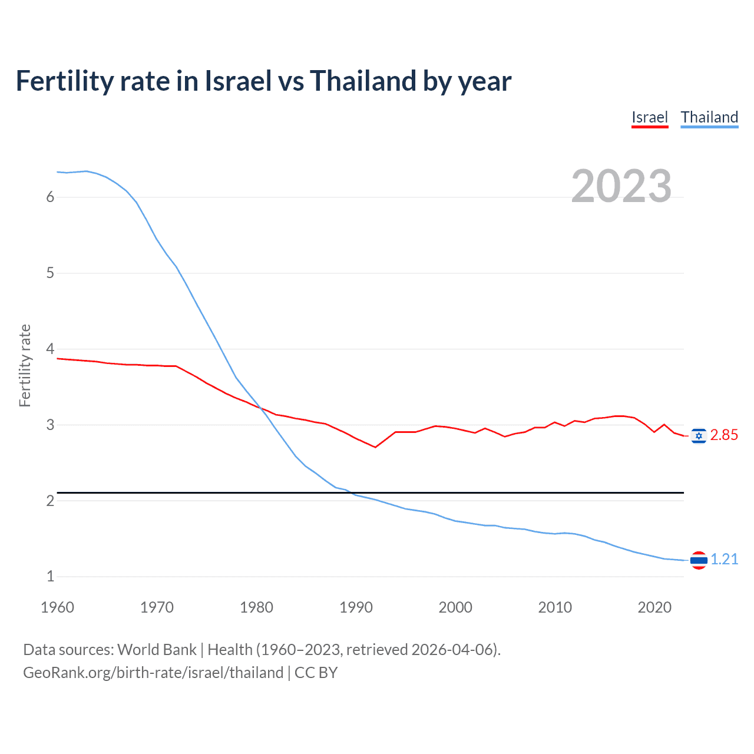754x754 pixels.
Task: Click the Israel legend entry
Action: (649, 117)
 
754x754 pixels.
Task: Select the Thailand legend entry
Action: (709, 117)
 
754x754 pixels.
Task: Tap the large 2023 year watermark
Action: (621, 186)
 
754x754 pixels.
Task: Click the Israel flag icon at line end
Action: (699, 435)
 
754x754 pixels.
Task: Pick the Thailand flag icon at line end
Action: (699, 560)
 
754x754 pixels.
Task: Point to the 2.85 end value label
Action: (724, 435)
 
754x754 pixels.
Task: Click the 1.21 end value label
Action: (724, 560)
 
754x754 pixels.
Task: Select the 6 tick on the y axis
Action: (50, 197)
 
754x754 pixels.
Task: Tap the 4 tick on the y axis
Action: (50, 349)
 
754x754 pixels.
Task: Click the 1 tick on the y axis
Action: (50, 577)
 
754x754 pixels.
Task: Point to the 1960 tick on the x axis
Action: (57, 607)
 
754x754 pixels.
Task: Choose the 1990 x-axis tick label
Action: (356, 607)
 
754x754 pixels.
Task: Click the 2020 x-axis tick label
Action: (654, 607)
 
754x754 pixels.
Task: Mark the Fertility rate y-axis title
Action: (25, 365)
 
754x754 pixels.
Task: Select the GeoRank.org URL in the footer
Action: (153, 673)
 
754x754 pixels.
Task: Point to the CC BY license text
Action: (316, 673)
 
